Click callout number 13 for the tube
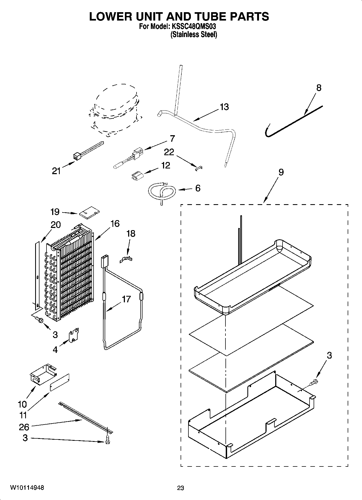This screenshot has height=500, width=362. click(224, 107)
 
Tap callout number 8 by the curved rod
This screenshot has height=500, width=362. click(319, 88)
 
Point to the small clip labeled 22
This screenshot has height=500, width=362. click(199, 168)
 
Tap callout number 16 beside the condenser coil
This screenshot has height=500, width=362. click(115, 224)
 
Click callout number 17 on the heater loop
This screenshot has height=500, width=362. click(126, 299)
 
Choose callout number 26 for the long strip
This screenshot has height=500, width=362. click(24, 427)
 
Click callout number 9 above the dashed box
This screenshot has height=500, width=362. click(281, 172)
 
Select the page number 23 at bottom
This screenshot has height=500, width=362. click(181, 488)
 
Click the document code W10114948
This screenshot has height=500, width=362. click(27, 488)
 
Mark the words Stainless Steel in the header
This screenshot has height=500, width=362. click(194, 35)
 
